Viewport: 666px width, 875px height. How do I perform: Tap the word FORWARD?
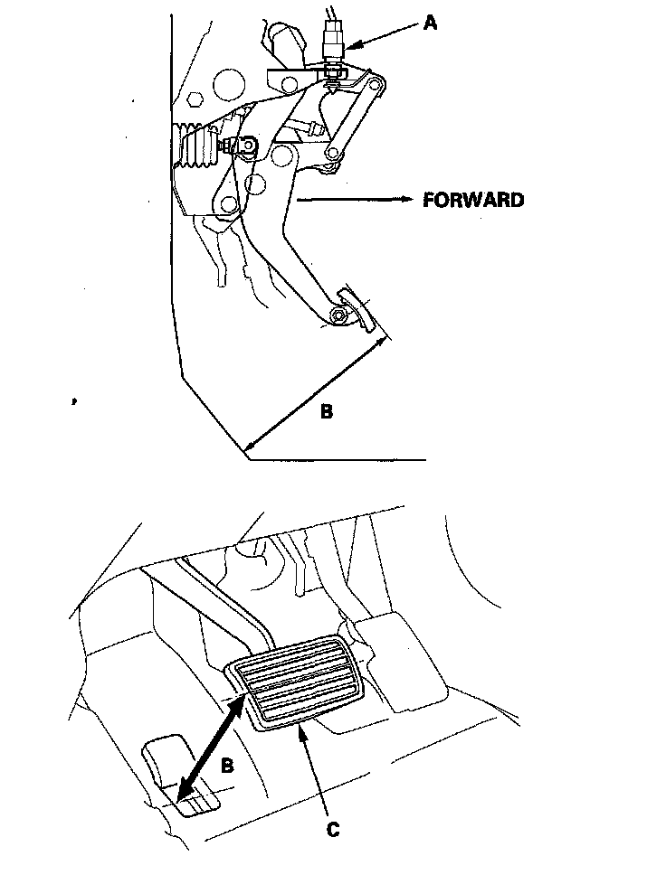(472, 201)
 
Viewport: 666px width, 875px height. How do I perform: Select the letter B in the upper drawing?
(327, 412)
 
